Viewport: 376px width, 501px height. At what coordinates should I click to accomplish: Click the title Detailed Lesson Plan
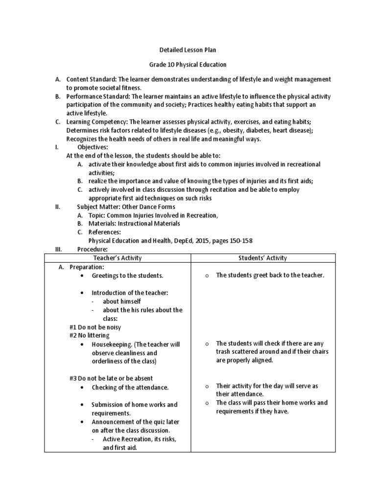pos(188,50)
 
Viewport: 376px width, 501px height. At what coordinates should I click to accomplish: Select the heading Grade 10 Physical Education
pos(188,65)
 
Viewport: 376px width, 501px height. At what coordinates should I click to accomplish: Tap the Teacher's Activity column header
pos(117,258)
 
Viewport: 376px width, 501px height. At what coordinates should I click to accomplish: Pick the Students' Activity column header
pos(263,258)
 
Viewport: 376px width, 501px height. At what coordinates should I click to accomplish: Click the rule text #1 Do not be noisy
pos(95,327)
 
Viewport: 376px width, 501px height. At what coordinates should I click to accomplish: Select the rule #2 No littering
pos(90,335)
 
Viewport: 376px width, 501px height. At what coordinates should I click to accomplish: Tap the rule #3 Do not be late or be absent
pos(111,378)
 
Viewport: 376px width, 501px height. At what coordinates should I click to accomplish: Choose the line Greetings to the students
pos(127,275)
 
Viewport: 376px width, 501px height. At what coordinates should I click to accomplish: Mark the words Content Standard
pos(91,79)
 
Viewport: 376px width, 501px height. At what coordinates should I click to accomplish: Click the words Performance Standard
pos(97,96)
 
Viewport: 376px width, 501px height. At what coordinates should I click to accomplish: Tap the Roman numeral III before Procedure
pos(59,249)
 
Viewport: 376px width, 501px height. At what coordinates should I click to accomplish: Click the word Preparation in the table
pos(87,267)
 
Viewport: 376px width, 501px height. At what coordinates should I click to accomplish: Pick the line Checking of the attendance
pos(130,387)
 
